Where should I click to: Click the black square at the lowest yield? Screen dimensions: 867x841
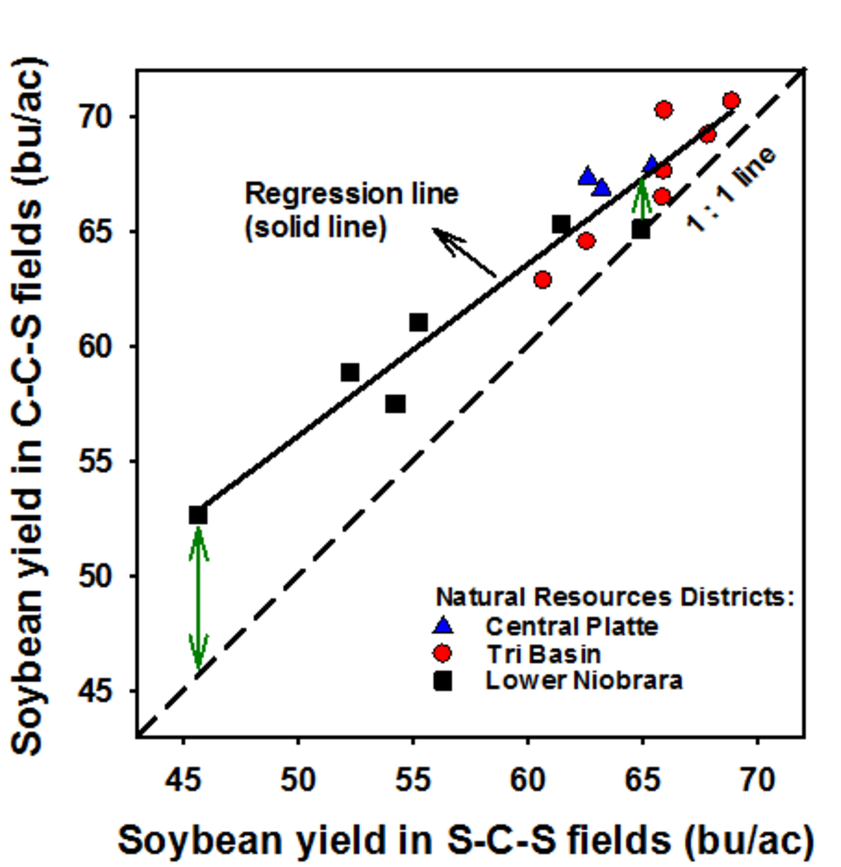(x=198, y=515)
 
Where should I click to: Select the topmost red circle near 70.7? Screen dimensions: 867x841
(x=731, y=100)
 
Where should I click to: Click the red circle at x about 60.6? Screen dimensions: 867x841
(x=543, y=280)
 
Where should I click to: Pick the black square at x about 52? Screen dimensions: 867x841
(x=350, y=372)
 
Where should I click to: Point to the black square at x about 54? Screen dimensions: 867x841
(x=395, y=404)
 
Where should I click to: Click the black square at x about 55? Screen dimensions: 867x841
(x=418, y=322)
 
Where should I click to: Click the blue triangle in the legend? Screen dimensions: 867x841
(x=443, y=626)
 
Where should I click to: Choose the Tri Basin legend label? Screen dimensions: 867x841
(x=543, y=654)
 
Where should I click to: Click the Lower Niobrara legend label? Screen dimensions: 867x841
(x=583, y=681)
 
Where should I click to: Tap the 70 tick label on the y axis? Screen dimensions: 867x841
(x=95, y=117)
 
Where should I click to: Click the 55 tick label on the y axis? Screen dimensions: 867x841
(x=95, y=462)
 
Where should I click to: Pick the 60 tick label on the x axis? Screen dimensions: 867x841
(x=527, y=780)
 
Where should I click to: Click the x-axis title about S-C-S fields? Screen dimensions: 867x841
(x=465, y=840)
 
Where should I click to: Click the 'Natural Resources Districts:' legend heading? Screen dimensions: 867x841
(x=614, y=597)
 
